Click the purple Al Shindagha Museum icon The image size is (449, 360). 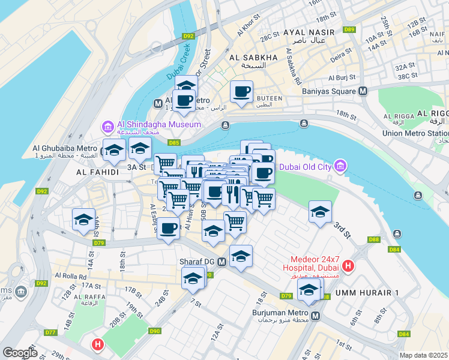pos(108,125)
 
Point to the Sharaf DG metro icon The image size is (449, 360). pos(221,262)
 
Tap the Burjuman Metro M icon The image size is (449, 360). pos(316,316)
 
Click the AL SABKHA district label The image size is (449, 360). pos(253,58)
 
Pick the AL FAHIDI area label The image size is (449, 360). pos(95,172)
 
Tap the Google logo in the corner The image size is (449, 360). pos(20,353)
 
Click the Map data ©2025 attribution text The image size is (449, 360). pos(423,355)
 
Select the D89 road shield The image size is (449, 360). pos(349,29)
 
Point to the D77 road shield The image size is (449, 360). pos(50,332)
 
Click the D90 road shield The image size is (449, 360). pos(155,331)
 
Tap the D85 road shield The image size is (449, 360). pos(174,143)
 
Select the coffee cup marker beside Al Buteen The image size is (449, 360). pos(241,92)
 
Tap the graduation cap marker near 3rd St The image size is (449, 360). pos(321,211)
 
